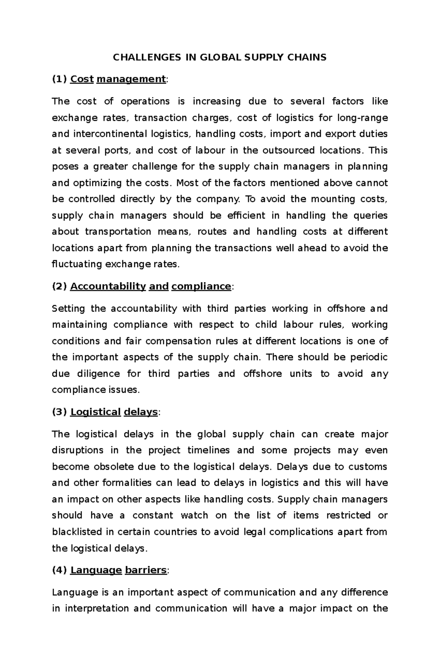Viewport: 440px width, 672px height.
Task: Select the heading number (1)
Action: (x=59, y=79)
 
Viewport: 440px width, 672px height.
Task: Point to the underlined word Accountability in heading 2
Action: (x=108, y=286)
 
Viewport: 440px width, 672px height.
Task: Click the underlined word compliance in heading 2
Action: (x=201, y=286)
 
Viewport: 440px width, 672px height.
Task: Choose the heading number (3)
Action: (x=59, y=412)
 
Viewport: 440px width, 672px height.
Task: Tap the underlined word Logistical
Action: (x=95, y=412)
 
